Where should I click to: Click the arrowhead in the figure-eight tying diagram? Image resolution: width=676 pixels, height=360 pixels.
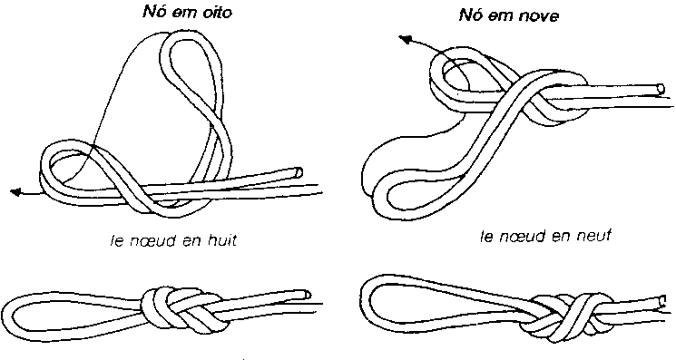tap(15, 192)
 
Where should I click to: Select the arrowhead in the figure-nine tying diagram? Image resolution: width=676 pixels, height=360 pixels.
tap(405, 40)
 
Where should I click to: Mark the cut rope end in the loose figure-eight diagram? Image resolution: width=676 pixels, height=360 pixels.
tap(298, 172)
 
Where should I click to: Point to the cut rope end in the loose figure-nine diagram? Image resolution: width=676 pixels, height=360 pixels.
tap(660, 89)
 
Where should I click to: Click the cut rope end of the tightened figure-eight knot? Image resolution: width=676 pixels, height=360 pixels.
tap(306, 295)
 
